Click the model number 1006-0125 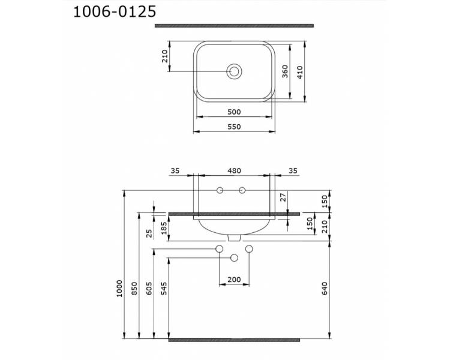click(115, 12)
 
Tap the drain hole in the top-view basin click(234, 71)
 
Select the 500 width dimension click(234, 112)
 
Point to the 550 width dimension click(234, 127)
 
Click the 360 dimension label click(284, 71)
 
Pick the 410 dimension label click(300, 73)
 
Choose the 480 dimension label click(234, 171)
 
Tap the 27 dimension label click(283, 197)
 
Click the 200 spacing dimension click(234, 280)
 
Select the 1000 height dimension click(119, 289)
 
